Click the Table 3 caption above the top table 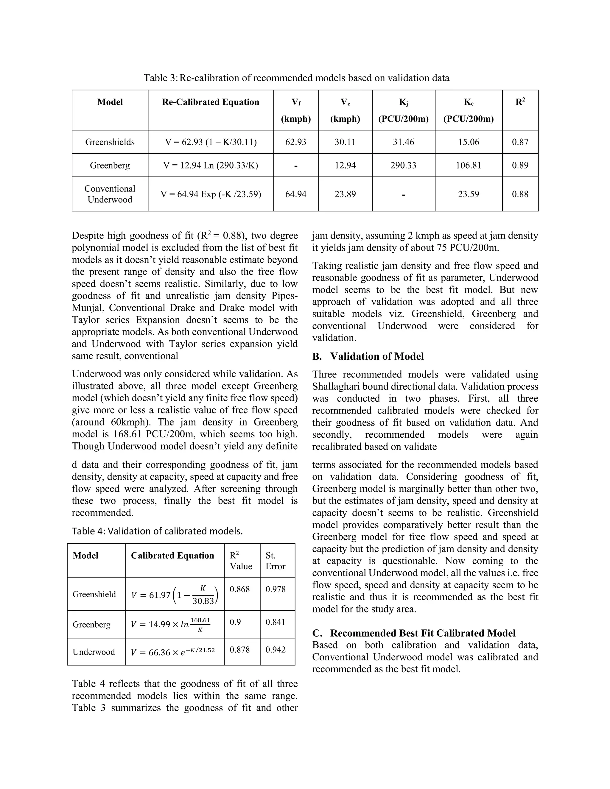coord(296,78)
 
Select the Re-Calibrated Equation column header coord(210,102)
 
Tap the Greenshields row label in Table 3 coord(110,142)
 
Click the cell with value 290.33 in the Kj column coord(403,166)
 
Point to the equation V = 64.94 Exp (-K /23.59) coord(211,194)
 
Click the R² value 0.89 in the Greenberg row coord(520,166)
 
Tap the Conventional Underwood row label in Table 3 coord(110,194)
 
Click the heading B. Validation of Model coord(368,357)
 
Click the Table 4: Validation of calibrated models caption coord(157,531)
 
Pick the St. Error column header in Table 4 coord(276,561)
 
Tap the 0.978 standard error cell coord(276,590)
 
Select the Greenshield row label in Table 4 coord(94,594)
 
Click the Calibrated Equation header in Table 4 coord(172,556)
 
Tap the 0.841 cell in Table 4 coord(276,622)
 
